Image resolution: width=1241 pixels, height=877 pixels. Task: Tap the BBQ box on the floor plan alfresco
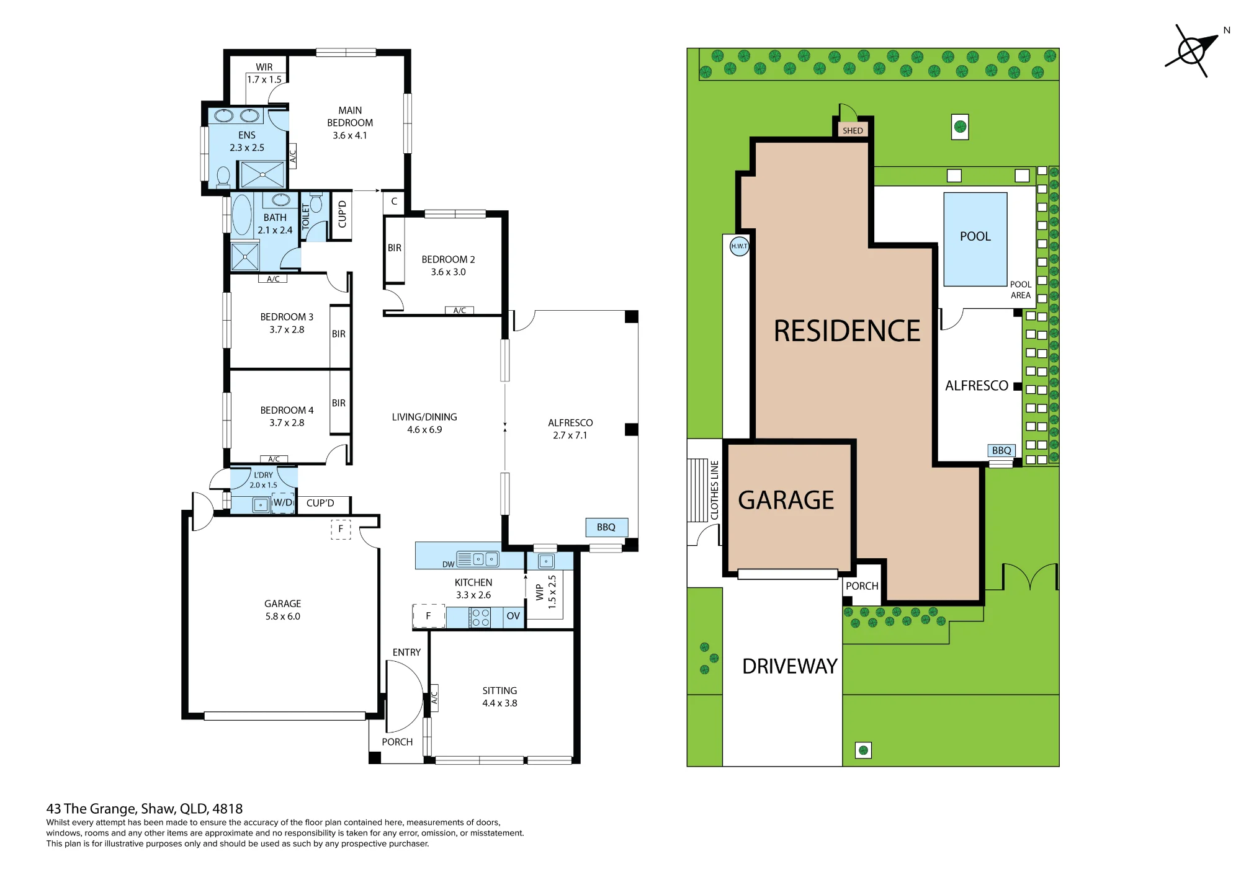[x=607, y=527]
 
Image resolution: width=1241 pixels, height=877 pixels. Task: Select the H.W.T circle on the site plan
[x=739, y=246]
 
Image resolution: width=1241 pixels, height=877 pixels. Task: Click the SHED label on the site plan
[x=853, y=130]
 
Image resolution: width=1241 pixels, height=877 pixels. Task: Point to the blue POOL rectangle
[x=975, y=239]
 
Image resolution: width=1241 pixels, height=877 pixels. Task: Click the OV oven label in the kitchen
[x=513, y=616]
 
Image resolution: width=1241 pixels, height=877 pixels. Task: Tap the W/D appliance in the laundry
[x=283, y=502]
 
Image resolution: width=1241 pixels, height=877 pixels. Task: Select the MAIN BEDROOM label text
[x=350, y=117]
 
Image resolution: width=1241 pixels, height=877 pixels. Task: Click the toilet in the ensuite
[x=223, y=176]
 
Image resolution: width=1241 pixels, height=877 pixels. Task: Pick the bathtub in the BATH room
[x=242, y=215]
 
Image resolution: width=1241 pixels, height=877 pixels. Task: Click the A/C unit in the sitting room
[x=434, y=698]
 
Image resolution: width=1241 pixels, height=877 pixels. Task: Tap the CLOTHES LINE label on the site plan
[x=714, y=490]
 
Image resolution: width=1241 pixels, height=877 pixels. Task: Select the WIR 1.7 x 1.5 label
[x=264, y=73]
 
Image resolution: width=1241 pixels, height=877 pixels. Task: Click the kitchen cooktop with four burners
[x=480, y=617]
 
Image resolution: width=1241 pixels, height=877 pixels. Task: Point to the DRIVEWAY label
[x=790, y=666]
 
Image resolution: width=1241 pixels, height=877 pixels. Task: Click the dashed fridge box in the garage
[x=341, y=529]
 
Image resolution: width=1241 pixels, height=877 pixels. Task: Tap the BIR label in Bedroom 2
[x=395, y=248]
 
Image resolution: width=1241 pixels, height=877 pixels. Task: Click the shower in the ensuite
[x=262, y=174]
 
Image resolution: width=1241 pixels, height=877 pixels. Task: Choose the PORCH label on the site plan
[x=862, y=586]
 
